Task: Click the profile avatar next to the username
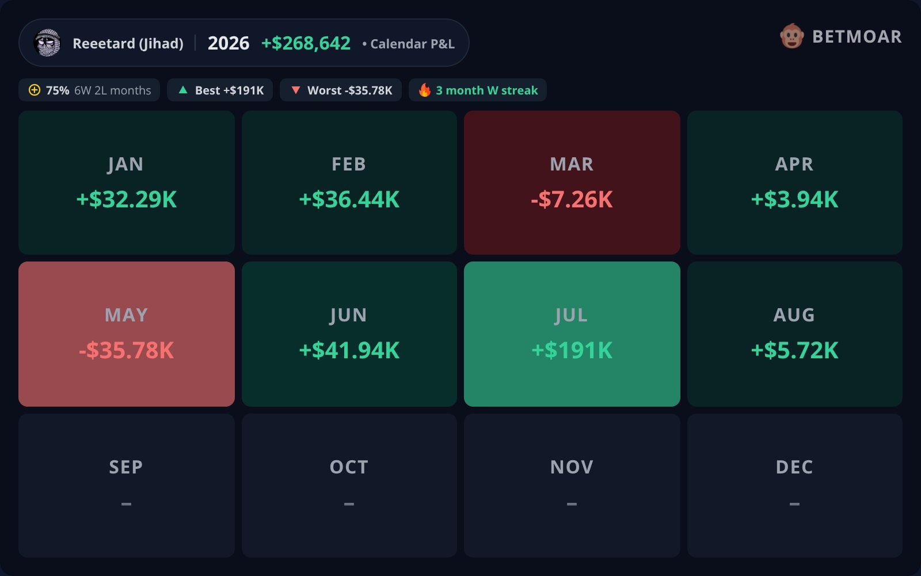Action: click(47, 43)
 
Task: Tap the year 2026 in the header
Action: click(228, 43)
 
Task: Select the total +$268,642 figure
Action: click(306, 43)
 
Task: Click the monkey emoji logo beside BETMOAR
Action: click(792, 36)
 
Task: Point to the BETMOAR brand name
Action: click(857, 37)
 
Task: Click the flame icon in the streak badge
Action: click(425, 90)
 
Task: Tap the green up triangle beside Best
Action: click(183, 90)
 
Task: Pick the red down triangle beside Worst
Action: click(296, 90)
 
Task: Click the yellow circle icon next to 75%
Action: click(35, 90)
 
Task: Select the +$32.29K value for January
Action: click(126, 199)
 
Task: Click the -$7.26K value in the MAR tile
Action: click(572, 199)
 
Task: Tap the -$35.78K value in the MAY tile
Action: click(126, 351)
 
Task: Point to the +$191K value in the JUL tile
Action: click(572, 351)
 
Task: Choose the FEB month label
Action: click(349, 164)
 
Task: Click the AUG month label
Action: click(794, 315)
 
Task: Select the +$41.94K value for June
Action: click(349, 351)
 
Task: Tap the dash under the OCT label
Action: click(349, 503)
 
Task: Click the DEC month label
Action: click(794, 467)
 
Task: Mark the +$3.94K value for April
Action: click(794, 199)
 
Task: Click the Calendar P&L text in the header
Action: click(412, 44)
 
